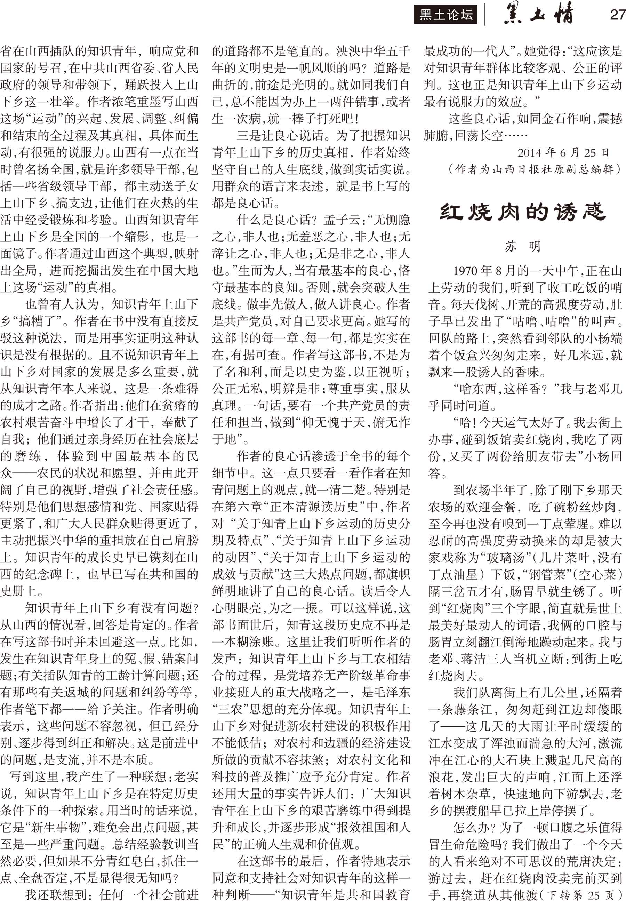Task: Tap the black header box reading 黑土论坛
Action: click(446, 15)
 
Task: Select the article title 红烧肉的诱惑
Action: click(523, 212)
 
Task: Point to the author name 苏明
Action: click(523, 246)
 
